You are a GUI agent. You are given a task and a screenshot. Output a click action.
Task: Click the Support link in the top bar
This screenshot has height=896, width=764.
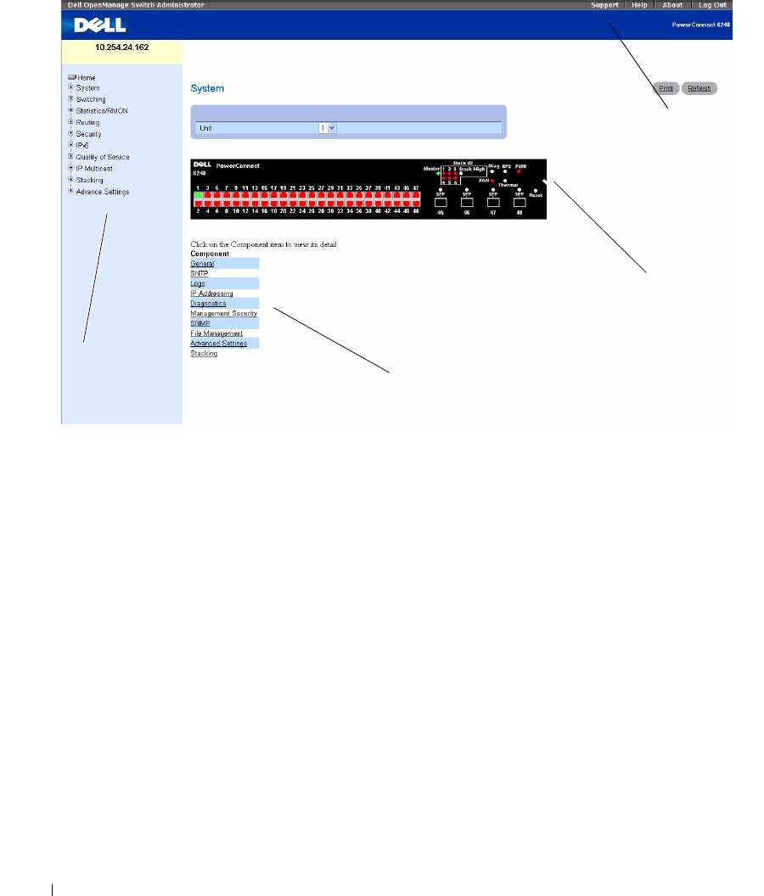pyautogui.click(x=604, y=5)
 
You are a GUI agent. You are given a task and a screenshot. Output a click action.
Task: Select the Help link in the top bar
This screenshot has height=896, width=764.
pyautogui.click(x=639, y=5)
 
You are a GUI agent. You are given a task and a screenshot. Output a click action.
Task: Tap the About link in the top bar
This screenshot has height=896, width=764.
pyautogui.click(x=672, y=5)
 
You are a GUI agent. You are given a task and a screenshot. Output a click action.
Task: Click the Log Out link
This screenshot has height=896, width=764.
pyautogui.click(x=712, y=5)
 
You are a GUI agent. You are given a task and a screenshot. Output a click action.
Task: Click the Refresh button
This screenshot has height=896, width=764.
pyautogui.click(x=699, y=88)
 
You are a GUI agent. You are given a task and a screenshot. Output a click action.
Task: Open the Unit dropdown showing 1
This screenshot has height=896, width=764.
pyautogui.click(x=328, y=127)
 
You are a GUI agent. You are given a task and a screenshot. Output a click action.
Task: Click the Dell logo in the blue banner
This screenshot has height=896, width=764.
pyautogui.click(x=88, y=25)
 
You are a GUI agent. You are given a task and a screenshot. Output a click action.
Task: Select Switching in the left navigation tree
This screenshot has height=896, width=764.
pyautogui.click(x=91, y=99)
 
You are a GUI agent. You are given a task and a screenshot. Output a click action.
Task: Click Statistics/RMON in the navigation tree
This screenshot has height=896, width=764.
pyautogui.click(x=102, y=111)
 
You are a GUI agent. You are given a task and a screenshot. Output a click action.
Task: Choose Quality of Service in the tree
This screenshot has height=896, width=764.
pyautogui.click(x=103, y=157)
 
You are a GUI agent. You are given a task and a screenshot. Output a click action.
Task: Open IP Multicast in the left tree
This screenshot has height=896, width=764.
pyautogui.click(x=94, y=169)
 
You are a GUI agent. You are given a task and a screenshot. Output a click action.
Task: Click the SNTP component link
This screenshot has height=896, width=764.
pyautogui.click(x=199, y=274)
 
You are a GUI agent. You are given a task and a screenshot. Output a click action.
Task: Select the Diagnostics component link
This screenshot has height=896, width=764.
pyautogui.click(x=208, y=303)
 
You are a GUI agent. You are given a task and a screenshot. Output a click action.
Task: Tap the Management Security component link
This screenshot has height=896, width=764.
pyautogui.click(x=223, y=313)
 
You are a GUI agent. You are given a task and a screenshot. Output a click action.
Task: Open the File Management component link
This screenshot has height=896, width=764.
pyautogui.click(x=216, y=333)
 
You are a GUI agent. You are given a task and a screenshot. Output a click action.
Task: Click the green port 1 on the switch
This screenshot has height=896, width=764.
pyautogui.click(x=198, y=195)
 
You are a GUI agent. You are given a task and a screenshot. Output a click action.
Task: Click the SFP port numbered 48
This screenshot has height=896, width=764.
pyautogui.click(x=520, y=202)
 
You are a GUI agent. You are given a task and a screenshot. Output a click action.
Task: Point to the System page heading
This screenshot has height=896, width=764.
pyautogui.click(x=207, y=88)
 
